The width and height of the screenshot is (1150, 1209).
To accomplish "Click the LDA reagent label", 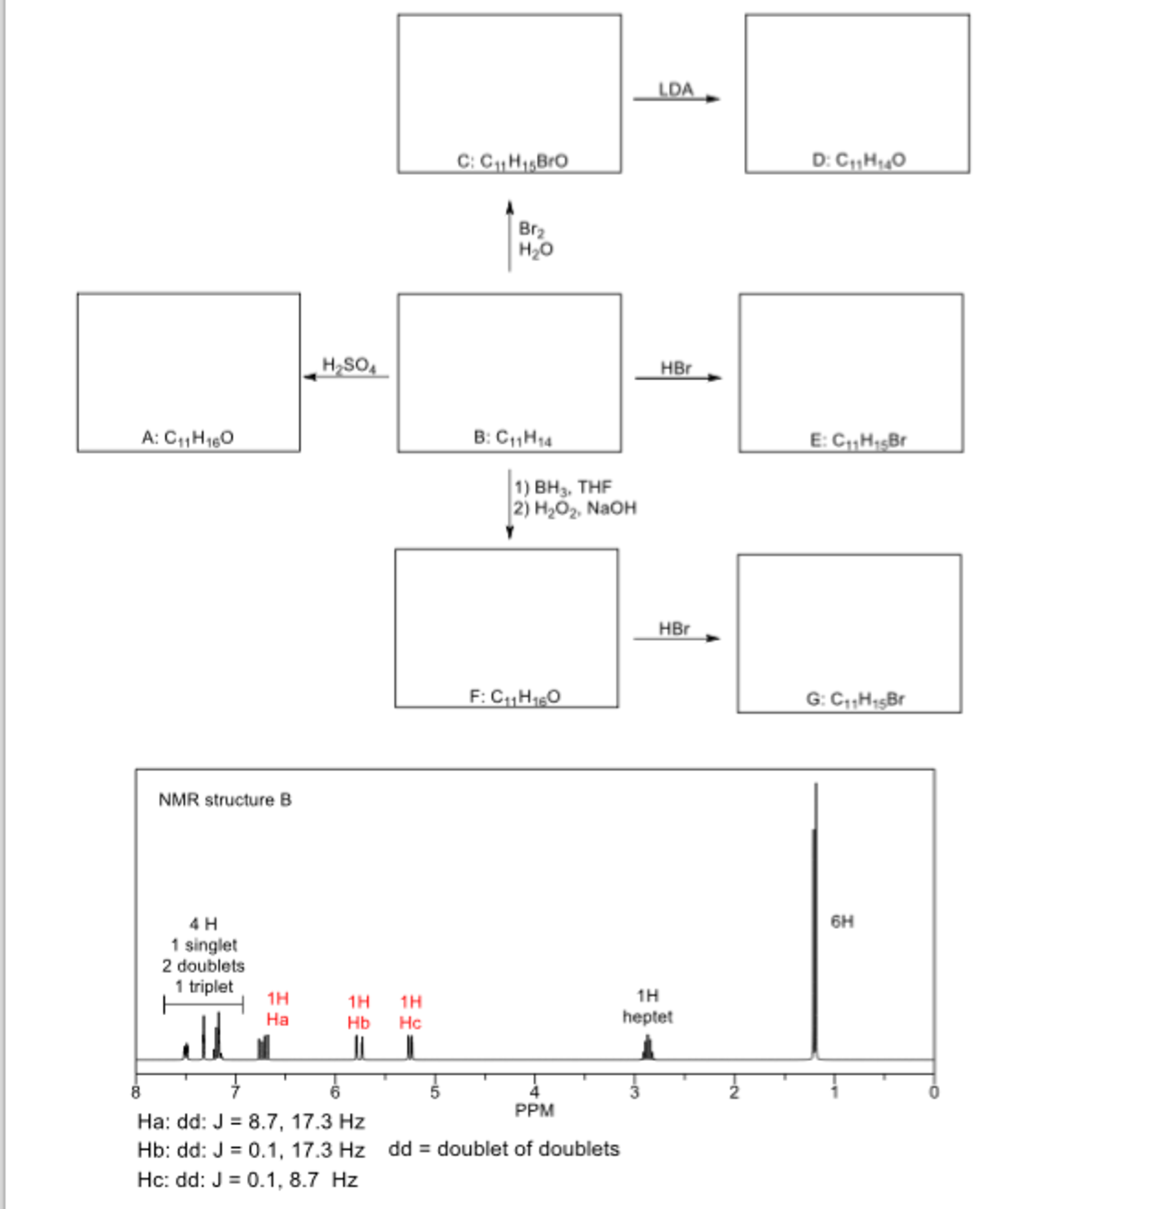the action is (676, 90).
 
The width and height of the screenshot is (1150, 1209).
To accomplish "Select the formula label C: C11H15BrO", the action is (513, 161).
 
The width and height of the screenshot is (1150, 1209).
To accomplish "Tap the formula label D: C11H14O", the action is (858, 160).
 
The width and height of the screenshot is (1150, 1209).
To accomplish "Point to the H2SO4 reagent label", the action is (349, 366).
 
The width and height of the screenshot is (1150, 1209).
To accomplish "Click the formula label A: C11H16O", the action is (188, 437).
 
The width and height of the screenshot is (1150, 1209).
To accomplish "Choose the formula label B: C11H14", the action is (513, 438).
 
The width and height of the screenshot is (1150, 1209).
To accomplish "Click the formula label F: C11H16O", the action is (514, 696).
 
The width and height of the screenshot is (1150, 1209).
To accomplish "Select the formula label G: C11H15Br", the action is (855, 698).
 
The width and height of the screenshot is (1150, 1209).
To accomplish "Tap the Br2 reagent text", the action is (531, 229).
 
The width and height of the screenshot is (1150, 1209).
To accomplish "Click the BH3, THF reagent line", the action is (563, 487).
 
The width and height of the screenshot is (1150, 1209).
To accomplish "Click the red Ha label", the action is (277, 1019).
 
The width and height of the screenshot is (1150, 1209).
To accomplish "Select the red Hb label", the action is (359, 1022).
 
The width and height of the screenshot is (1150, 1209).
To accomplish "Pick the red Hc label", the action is (410, 1022).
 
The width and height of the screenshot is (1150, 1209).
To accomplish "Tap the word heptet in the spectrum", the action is (647, 1016).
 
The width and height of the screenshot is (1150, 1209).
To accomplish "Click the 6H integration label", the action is (842, 921).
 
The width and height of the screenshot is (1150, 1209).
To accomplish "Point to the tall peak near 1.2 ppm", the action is (815, 920).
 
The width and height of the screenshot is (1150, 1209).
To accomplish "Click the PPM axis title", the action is (535, 1110).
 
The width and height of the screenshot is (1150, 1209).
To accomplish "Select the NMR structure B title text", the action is (225, 800).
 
